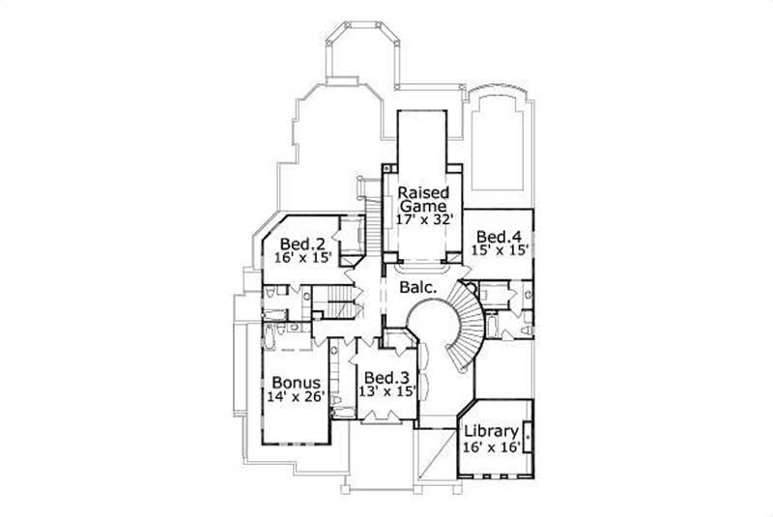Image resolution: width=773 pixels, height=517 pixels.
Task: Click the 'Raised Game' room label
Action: [x=422, y=198]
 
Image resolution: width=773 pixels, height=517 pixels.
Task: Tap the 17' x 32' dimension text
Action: [x=422, y=219]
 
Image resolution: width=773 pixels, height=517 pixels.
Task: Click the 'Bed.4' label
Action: [x=499, y=236]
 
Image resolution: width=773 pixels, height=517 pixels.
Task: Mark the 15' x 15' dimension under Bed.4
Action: [x=499, y=250]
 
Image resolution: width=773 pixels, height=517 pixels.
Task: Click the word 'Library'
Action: [x=492, y=430]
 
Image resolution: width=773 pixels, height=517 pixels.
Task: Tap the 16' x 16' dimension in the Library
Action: [x=492, y=445]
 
